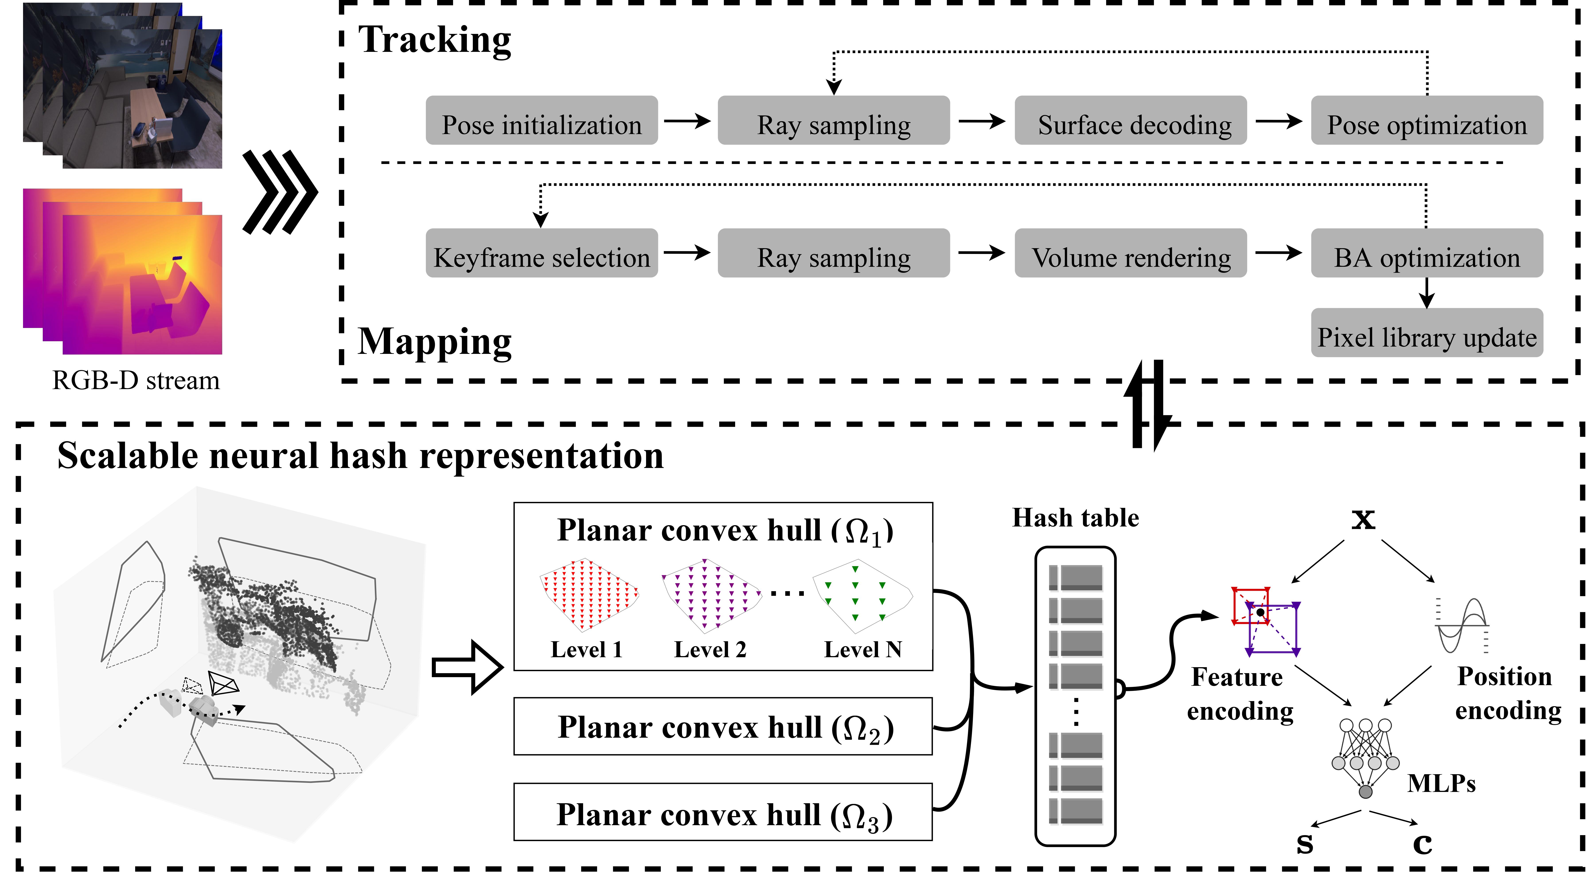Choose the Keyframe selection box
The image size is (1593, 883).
pyautogui.click(x=541, y=253)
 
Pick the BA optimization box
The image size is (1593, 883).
pyautogui.click(x=1427, y=253)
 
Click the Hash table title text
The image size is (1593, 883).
pyautogui.click(x=1075, y=518)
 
